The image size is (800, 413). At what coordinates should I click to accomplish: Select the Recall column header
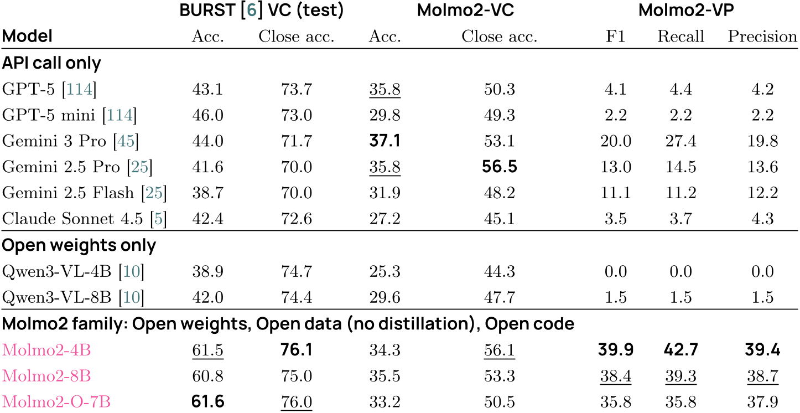pos(680,37)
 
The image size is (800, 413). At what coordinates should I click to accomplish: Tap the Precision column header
pos(762,37)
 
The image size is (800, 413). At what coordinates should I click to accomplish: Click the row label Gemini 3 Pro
pos(54,141)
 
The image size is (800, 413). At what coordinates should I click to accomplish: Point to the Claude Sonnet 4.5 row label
pos(75,219)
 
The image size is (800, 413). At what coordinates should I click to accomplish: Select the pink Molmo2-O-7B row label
pos(56,401)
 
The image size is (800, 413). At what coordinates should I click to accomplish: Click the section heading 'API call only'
pos(51,63)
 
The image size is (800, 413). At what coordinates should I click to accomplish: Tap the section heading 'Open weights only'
pos(79,245)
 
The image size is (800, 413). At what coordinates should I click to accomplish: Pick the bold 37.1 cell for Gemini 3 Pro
pos(385,141)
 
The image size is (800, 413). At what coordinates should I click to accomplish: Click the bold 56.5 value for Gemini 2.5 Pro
pos(499,167)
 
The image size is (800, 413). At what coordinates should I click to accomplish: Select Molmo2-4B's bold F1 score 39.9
pos(615,349)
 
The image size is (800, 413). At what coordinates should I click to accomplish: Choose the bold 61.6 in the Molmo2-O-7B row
pos(207,401)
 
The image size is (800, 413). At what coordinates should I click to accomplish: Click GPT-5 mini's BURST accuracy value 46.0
pos(207,115)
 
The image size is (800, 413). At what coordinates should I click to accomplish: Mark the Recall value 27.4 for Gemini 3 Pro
pos(680,141)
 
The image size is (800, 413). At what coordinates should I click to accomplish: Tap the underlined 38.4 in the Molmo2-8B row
pos(615,375)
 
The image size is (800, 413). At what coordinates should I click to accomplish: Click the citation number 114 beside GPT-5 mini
pos(119,115)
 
